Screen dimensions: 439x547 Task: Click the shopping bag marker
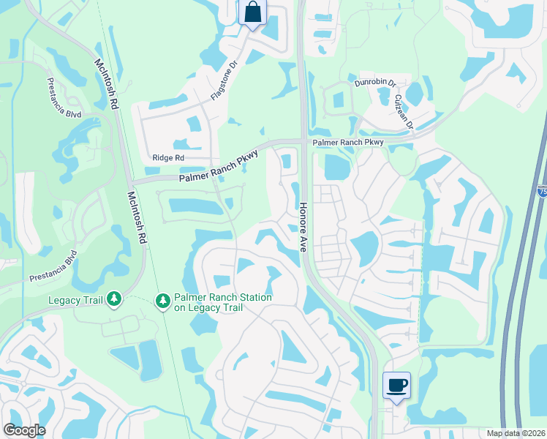[x=252, y=12]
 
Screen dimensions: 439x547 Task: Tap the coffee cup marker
[x=396, y=385]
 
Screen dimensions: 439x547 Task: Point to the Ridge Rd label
[x=169, y=157]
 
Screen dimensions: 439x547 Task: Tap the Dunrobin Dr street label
[x=375, y=84]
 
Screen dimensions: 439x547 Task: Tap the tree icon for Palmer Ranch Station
[x=162, y=300]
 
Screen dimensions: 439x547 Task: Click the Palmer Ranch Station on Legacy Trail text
[x=222, y=302]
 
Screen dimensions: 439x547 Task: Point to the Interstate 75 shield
[x=542, y=191]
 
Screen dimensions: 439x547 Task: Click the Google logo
[x=24, y=430]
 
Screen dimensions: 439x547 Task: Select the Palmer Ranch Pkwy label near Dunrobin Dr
[x=348, y=142]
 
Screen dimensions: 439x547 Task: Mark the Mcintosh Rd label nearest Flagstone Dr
[x=105, y=85]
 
